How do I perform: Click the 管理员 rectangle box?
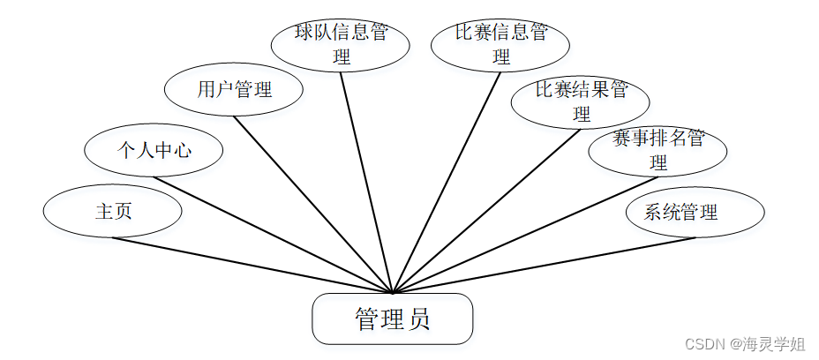[x=392, y=319]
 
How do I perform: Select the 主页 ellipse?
[x=113, y=212]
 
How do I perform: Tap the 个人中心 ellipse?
[x=154, y=150]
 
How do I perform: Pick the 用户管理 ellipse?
[x=234, y=89]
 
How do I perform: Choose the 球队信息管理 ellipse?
[x=340, y=45]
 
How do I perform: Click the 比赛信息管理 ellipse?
[x=501, y=45]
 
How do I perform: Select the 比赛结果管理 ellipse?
[x=580, y=101]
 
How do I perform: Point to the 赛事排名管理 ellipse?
[x=657, y=151]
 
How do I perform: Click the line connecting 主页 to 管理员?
[x=252, y=265]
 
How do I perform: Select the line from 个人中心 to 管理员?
[x=274, y=235]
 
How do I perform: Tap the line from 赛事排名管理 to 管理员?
[x=525, y=234]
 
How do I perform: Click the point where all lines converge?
[x=393, y=291]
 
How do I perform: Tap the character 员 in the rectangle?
[x=419, y=319]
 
